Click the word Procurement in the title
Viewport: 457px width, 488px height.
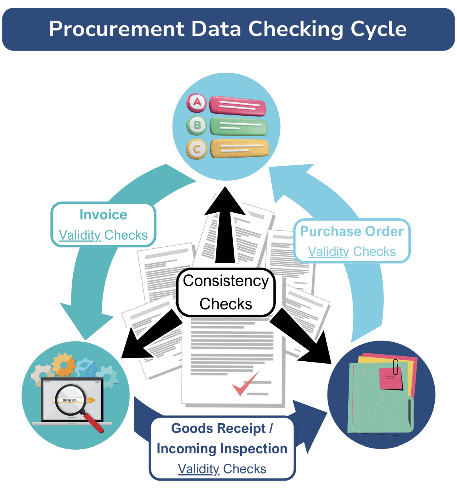[x=117, y=29]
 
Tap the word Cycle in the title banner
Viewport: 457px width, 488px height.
[x=378, y=29]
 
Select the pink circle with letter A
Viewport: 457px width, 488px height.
[x=197, y=102]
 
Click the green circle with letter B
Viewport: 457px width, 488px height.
[x=197, y=125]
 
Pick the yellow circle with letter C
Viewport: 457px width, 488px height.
[x=197, y=149]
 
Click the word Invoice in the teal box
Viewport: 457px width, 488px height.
[x=103, y=215]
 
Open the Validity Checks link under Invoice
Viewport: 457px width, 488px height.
[x=103, y=235]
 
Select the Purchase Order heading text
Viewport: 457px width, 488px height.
[x=352, y=231]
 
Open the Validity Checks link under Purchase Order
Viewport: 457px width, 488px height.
[x=352, y=251]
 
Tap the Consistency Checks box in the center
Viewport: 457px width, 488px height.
[x=226, y=292]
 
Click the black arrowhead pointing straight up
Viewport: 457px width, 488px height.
[x=225, y=201]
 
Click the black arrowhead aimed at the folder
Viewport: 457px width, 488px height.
[x=318, y=350]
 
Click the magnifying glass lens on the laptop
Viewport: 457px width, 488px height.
[x=70, y=399]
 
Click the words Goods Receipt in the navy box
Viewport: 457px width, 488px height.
[x=218, y=429]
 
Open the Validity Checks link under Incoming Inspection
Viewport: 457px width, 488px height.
[x=222, y=469]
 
